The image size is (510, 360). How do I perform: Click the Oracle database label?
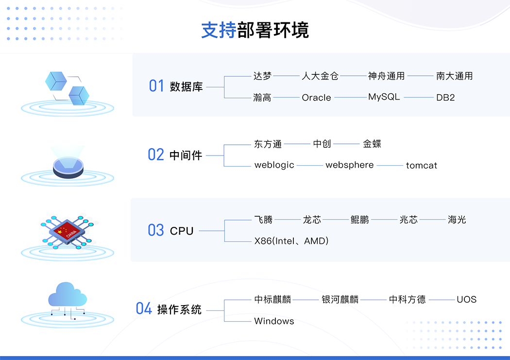tap(316, 98)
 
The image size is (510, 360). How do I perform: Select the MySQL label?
tap(384, 97)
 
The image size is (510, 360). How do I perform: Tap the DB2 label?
tap(445, 98)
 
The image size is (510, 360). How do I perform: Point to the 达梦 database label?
tap(262, 76)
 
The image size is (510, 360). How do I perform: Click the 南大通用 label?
tap(454, 76)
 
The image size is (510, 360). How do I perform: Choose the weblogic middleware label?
tap(274, 165)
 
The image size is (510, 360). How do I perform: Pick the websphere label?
tap(349, 165)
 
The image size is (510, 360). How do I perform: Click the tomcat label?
tap(421, 166)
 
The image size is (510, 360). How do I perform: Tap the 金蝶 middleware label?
tap(372, 144)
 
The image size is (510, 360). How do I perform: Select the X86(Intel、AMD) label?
tap(291, 241)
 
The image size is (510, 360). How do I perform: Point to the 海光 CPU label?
tap(457, 220)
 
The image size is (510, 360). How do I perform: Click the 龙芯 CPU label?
tap(312, 220)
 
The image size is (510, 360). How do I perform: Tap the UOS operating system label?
tap(466, 299)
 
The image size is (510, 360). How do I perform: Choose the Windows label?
tap(274, 321)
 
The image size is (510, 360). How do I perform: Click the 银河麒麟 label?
tap(340, 299)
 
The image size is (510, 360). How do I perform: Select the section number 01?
tap(156, 86)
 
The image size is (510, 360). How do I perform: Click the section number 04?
tap(144, 309)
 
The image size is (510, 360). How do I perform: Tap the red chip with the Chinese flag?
tap(68, 231)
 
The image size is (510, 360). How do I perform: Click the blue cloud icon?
tap(68, 294)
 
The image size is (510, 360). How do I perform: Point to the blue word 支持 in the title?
tap(219, 30)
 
